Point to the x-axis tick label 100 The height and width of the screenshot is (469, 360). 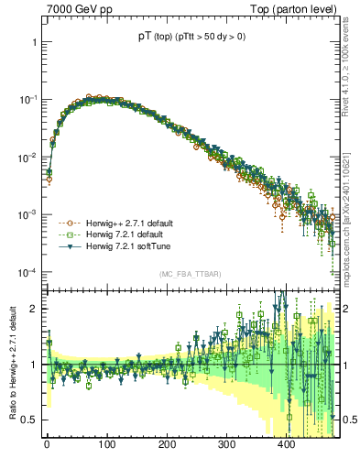(106, 443)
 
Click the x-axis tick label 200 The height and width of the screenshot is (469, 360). (166, 443)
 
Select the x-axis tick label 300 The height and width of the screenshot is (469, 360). (226, 443)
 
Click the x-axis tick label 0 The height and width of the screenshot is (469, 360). (47, 443)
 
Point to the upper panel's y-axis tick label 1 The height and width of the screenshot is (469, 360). (33, 42)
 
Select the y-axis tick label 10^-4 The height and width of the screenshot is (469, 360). (27, 273)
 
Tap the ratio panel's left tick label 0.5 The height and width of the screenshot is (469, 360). (29, 420)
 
